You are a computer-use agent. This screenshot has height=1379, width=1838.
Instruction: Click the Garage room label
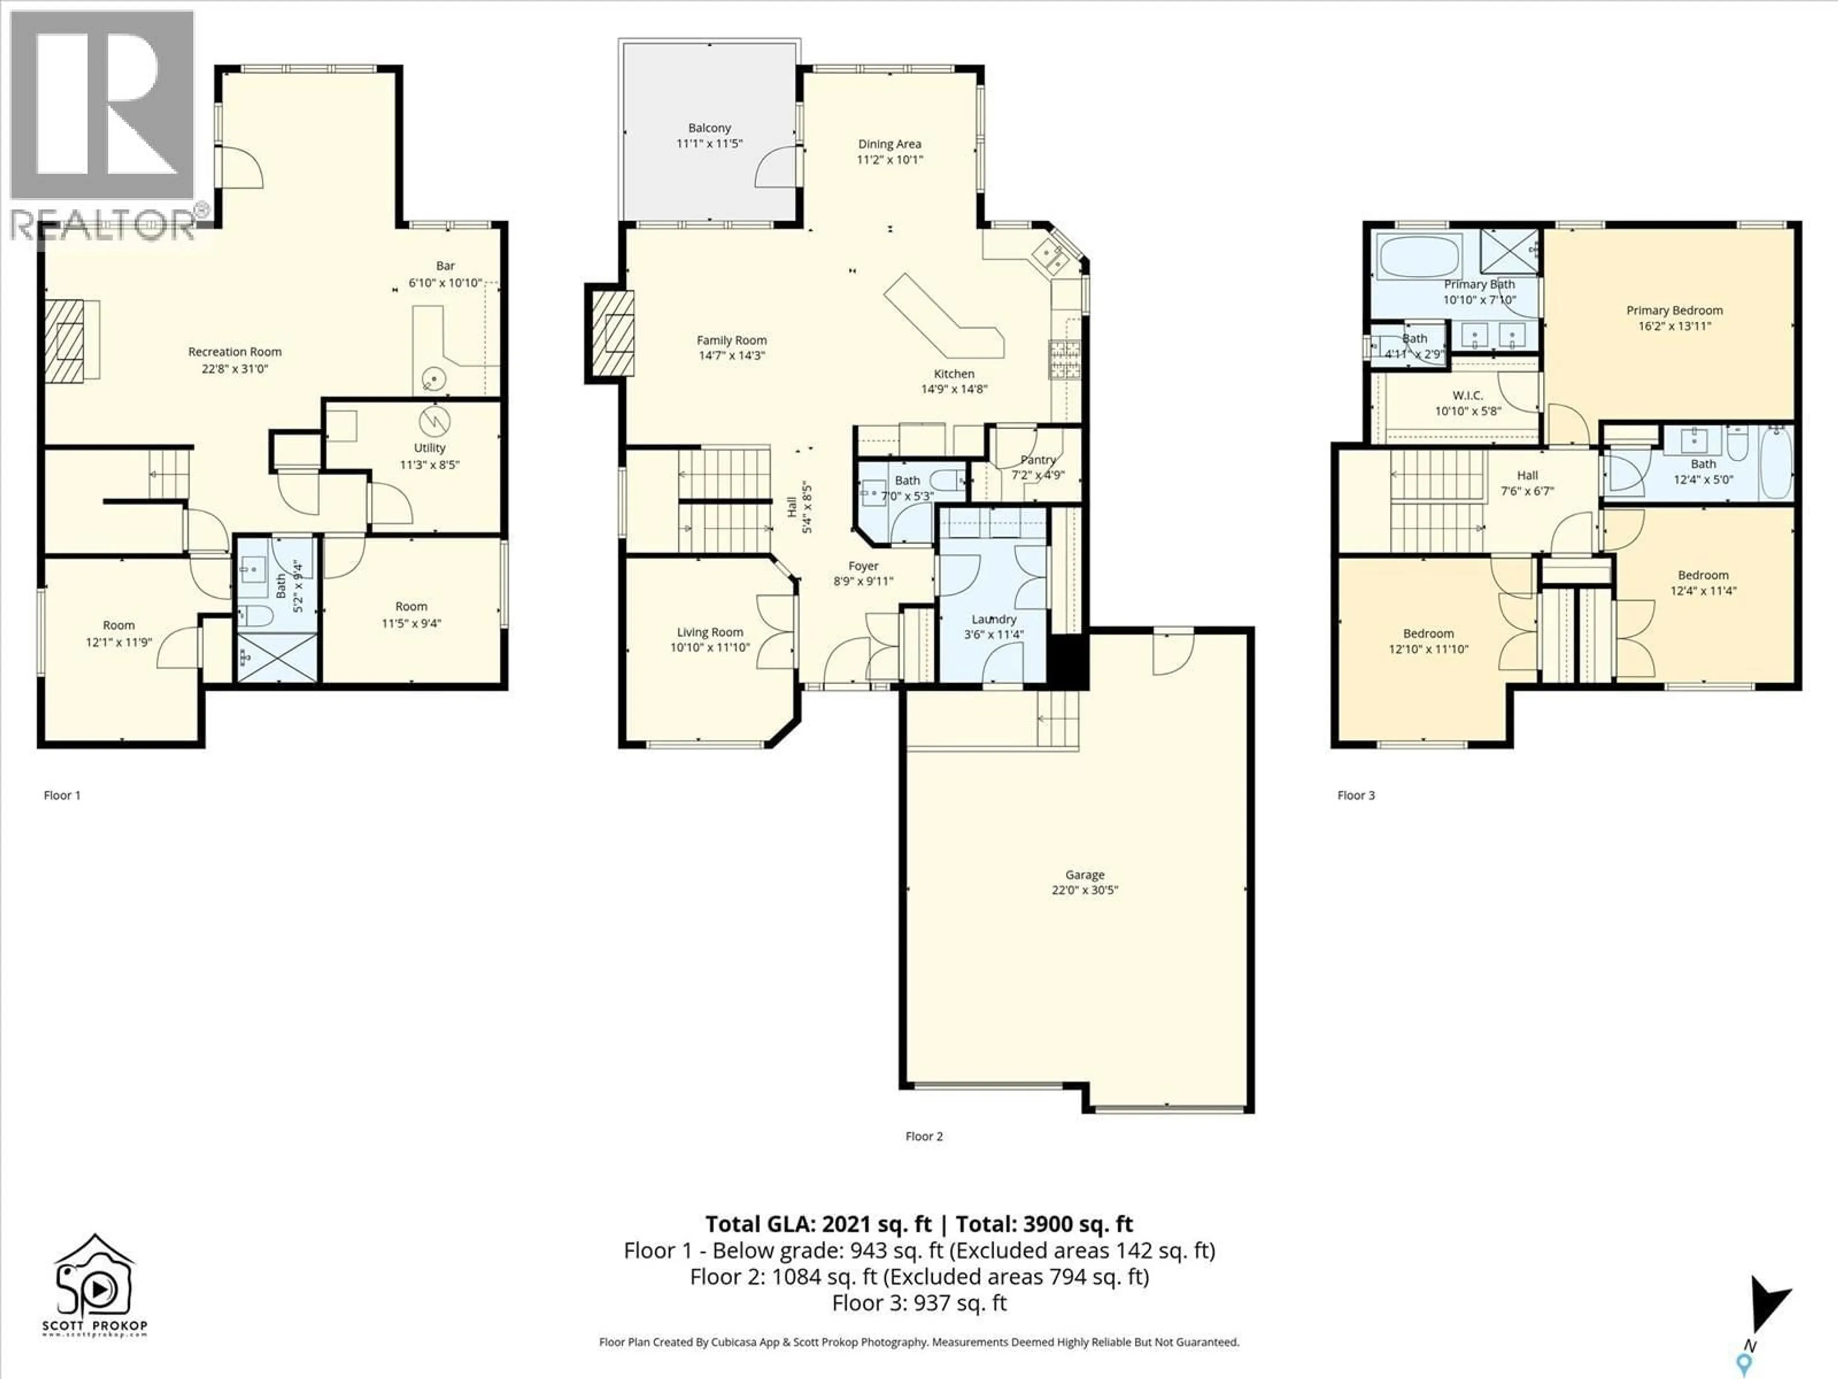1084,874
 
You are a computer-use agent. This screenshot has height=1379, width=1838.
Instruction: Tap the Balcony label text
709,128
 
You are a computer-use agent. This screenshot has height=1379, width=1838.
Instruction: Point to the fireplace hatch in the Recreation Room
65,341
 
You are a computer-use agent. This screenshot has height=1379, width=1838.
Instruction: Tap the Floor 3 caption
1355,795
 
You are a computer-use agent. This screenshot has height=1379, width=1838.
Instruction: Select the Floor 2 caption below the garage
924,1136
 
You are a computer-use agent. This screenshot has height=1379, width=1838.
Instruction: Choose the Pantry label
1038,460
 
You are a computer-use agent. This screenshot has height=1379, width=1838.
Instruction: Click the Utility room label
430,448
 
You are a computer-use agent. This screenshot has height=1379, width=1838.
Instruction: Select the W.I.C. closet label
1468,396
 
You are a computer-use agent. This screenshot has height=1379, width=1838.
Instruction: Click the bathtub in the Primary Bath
1418,257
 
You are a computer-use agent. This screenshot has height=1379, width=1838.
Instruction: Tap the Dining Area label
889,144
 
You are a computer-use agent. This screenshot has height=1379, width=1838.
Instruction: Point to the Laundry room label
993,619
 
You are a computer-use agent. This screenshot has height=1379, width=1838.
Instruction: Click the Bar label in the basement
445,266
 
